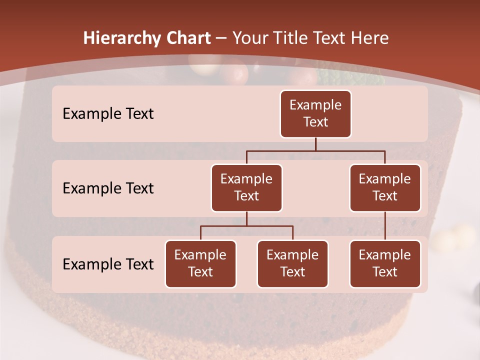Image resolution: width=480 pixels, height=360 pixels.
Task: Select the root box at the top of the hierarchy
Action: (315, 114)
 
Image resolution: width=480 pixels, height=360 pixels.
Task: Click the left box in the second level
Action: (246, 188)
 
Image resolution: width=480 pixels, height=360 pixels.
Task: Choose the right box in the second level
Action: (385, 188)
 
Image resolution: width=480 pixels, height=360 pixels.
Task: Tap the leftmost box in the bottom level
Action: (200, 264)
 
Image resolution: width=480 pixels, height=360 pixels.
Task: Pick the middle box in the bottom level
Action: (292, 264)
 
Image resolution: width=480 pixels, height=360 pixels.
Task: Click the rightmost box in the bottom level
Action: (385, 264)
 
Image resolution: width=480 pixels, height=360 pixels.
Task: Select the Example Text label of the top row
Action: (108, 114)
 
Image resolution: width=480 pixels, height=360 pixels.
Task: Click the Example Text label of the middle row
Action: (108, 188)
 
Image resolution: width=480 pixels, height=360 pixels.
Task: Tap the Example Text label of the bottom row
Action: (108, 264)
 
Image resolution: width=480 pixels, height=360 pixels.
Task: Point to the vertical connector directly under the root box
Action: (315, 144)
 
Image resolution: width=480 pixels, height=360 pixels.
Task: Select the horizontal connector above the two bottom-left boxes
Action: (246, 226)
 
